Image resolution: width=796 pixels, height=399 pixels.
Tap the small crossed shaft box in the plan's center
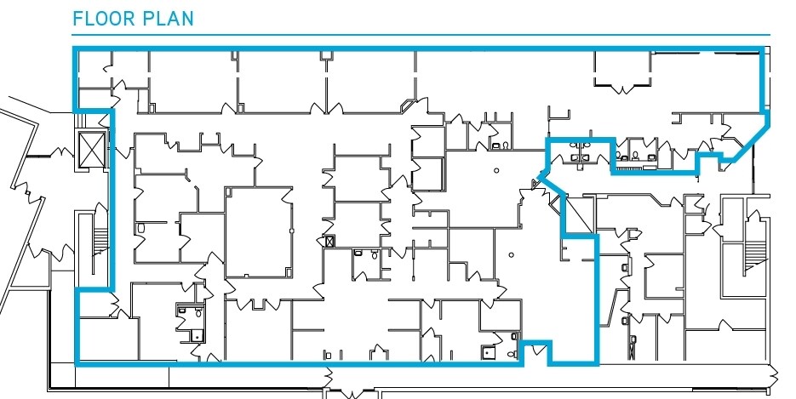coord(329,242)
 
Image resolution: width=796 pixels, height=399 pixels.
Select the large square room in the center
coord(258,231)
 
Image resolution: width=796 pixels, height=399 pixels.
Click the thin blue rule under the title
coord(421,35)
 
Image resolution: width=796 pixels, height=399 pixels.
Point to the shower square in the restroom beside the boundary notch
coord(488,350)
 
